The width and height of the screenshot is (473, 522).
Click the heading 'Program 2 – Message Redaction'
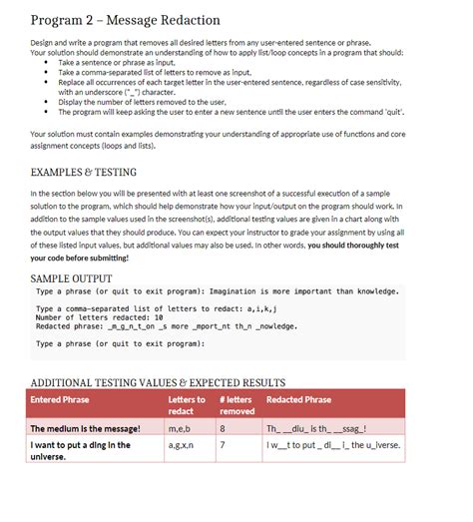tap(126, 20)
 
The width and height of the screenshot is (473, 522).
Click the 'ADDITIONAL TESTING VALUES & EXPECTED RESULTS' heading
tap(159, 382)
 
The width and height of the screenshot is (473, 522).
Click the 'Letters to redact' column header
tap(187, 405)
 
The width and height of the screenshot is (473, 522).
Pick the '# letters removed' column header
tap(231, 405)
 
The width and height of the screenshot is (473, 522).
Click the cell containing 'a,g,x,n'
tap(184, 445)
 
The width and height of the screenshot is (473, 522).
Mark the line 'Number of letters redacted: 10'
tap(96, 317)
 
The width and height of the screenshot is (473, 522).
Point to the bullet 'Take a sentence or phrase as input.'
tap(121, 63)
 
